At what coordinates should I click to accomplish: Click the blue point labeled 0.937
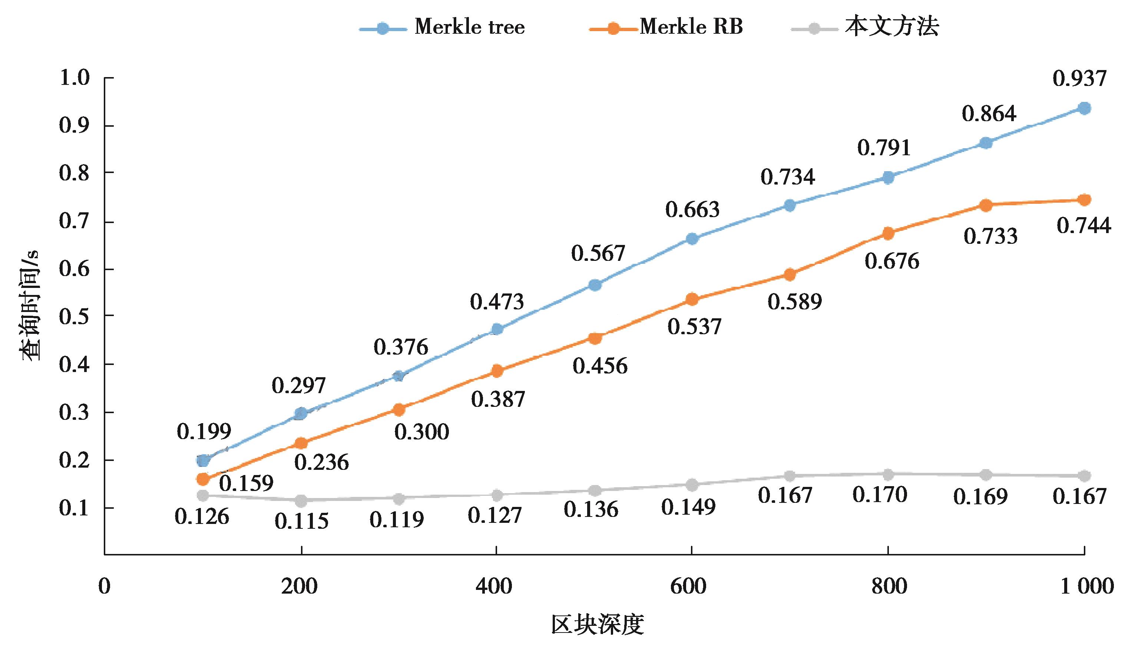(1084, 108)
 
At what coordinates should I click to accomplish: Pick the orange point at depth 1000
(1084, 199)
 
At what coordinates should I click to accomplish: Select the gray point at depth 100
(203, 495)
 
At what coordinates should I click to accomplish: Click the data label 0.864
(989, 114)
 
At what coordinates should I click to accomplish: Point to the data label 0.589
(795, 302)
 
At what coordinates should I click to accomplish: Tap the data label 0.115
(302, 521)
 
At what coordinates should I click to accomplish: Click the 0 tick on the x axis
(105, 586)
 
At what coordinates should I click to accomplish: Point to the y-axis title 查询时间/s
(29, 306)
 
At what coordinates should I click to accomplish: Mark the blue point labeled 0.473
(497, 329)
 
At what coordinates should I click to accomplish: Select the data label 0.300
(421, 432)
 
